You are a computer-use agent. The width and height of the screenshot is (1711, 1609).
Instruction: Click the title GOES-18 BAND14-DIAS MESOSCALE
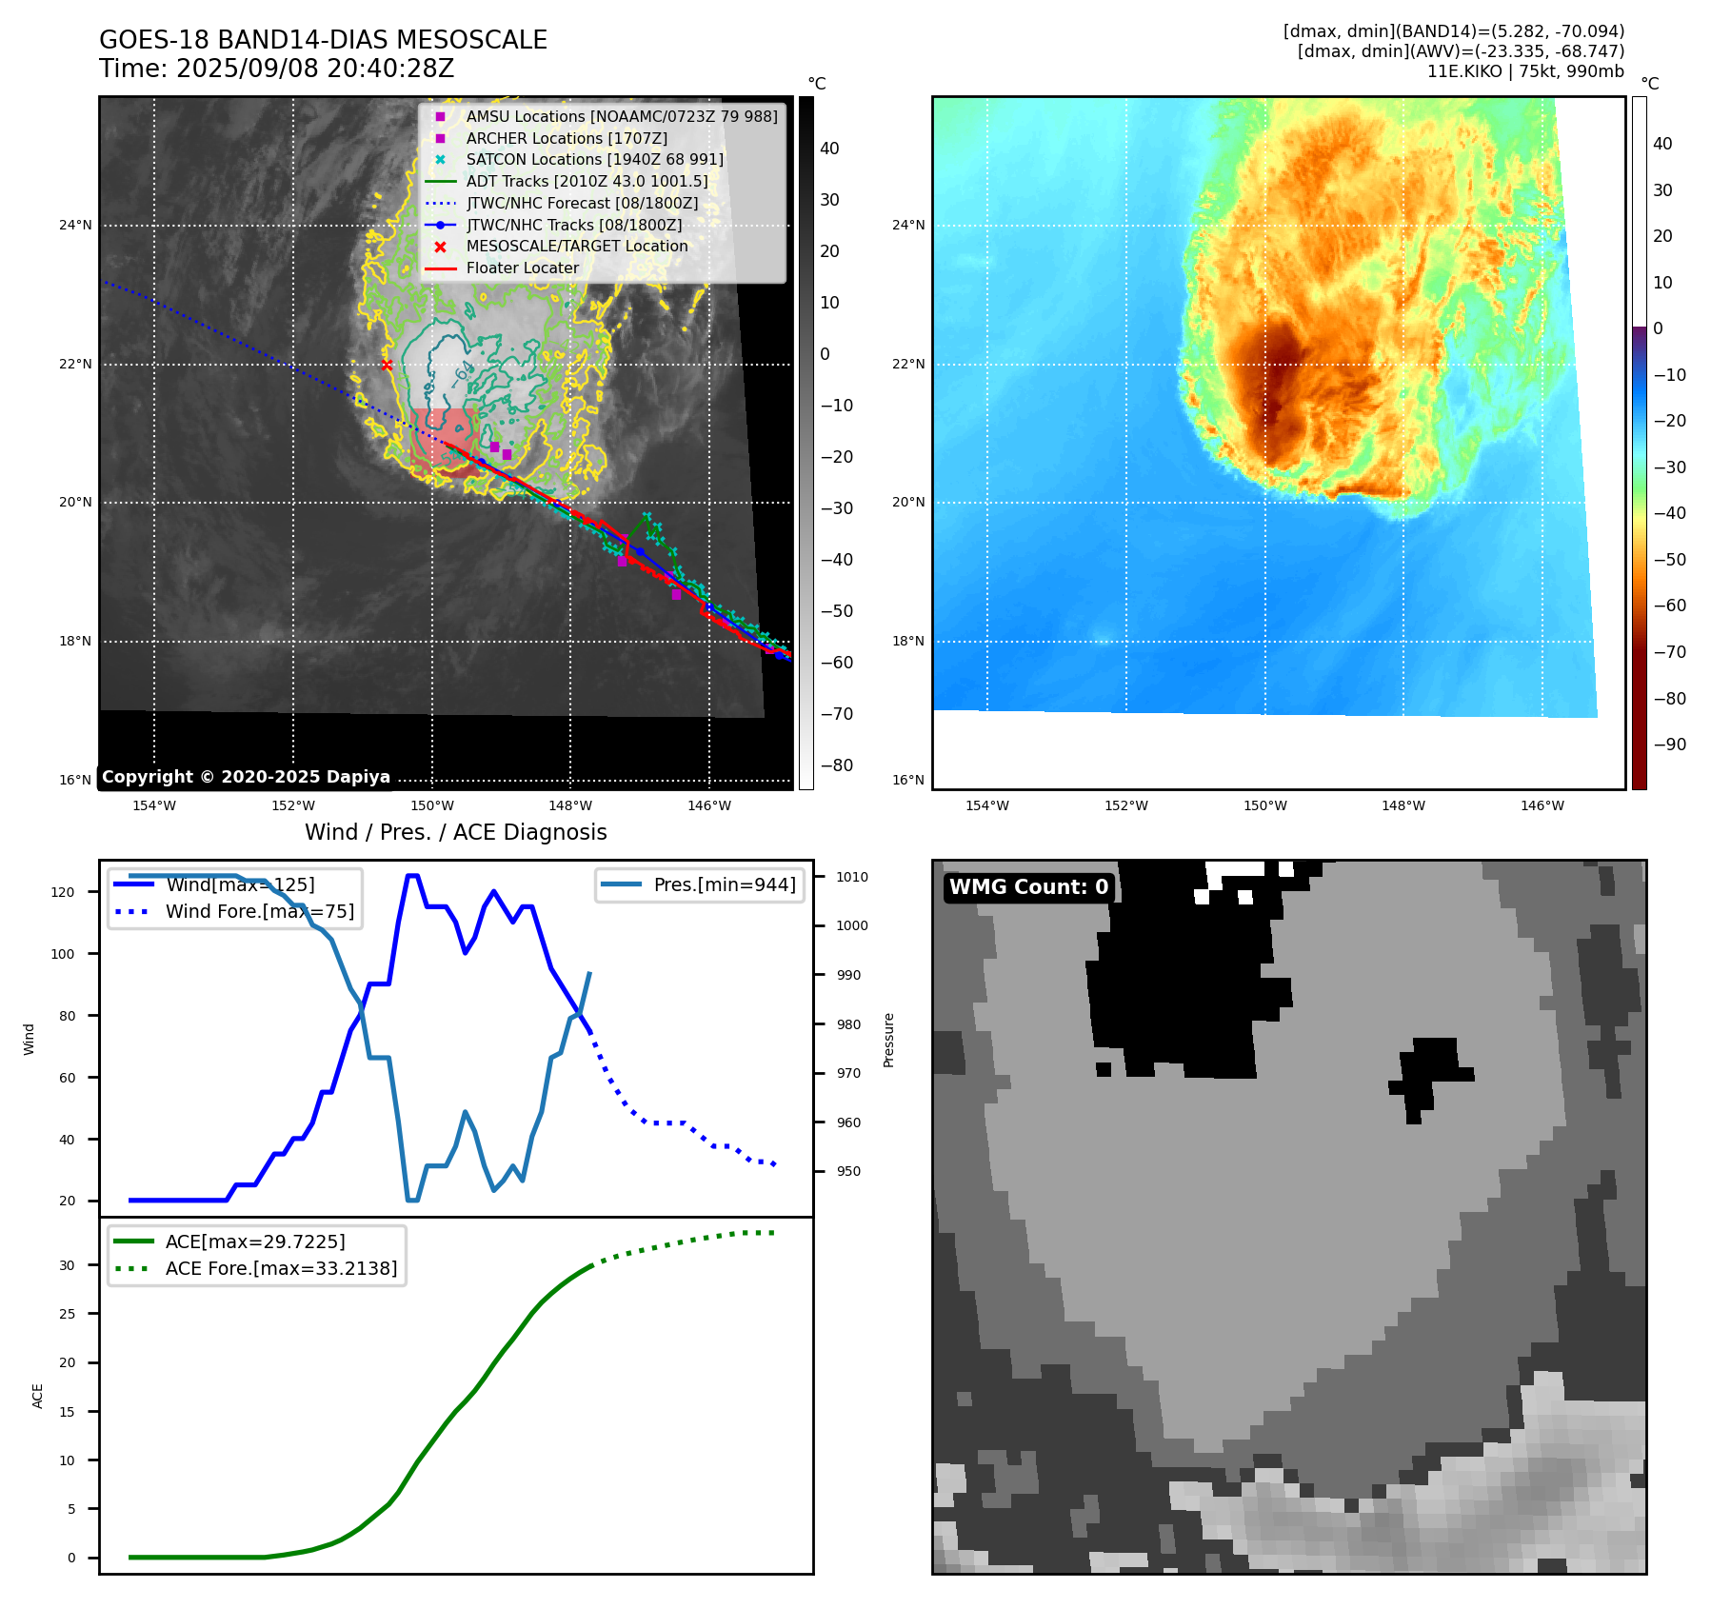pyautogui.click(x=323, y=40)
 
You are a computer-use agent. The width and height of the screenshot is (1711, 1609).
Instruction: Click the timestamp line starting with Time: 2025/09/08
pyautogui.click(x=276, y=69)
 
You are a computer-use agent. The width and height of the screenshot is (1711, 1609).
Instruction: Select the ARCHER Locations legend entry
pyautogui.click(x=567, y=138)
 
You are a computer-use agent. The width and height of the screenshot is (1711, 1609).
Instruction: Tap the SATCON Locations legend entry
pyautogui.click(x=594, y=159)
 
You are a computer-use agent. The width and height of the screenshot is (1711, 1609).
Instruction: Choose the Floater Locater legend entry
pyautogui.click(x=522, y=268)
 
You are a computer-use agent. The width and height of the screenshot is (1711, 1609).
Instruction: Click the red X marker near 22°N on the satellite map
pyautogui.click(x=387, y=365)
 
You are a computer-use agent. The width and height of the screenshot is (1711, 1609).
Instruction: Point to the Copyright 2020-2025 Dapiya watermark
pyautogui.click(x=246, y=777)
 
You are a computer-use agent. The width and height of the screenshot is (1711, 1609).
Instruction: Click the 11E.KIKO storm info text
pyautogui.click(x=1525, y=71)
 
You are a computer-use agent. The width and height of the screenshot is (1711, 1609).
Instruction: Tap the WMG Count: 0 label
pyautogui.click(x=1028, y=886)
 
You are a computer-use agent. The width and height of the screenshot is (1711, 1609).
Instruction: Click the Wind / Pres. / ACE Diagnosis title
pyautogui.click(x=455, y=832)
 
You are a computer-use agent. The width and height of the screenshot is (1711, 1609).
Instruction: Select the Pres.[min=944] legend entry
pyautogui.click(x=725, y=884)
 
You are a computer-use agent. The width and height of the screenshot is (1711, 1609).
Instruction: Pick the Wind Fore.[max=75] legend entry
pyautogui.click(x=259, y=911)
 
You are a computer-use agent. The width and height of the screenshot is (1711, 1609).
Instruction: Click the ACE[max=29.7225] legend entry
pyautogui.click(x=255, y=1242)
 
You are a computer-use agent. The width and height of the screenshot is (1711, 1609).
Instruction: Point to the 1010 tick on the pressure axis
pyautogui.click(x=852, y=877)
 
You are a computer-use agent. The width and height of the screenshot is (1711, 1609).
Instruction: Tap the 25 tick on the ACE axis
pyautogui.click(x=67, y=1314)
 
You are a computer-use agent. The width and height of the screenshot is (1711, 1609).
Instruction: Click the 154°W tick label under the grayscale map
pyautogui.click(x=153, y=805)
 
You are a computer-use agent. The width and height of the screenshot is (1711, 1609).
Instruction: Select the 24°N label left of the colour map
pyautogui.click(x=907, y=226)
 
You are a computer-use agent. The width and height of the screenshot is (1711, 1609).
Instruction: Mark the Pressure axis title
pyautogui.click(x=888, y=1040)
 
